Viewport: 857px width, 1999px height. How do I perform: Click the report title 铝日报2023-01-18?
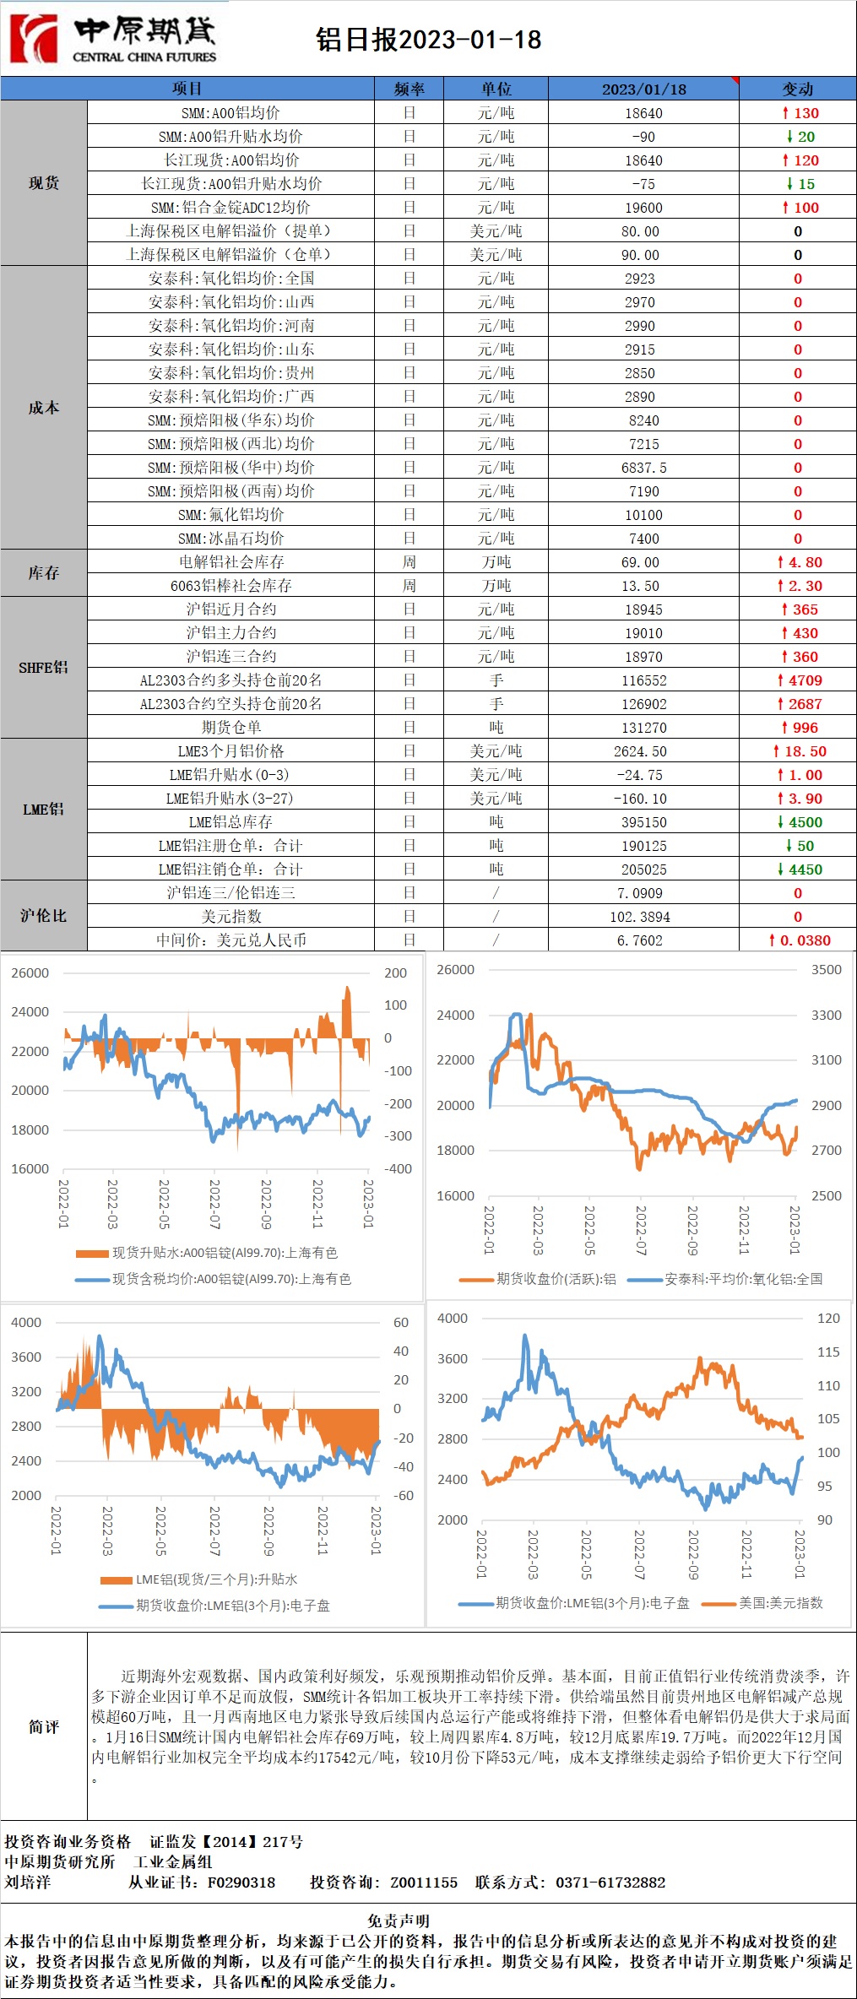(x=429, y=40)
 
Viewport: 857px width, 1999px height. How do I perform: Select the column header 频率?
(x=409, y=89)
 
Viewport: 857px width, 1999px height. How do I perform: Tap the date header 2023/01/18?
(x=643, y=89)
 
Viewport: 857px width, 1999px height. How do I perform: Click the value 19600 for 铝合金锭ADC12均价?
(x=643, y=208)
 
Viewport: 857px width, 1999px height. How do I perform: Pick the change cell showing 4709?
(x=799, y=680)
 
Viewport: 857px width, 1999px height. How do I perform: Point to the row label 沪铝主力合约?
(x=231, y=633)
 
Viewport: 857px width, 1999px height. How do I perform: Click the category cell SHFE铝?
(x=43, y=668)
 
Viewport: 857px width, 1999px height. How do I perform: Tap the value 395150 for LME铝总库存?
(x=643, y=822)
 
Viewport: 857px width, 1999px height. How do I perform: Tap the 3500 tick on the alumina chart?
(x=826, y=969)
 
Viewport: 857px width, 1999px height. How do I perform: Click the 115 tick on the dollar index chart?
(x=828, y=1352)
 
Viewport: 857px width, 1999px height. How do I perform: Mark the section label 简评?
(x=43, y=1727)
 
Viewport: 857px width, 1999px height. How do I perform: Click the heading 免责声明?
(x=399, y=1920)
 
